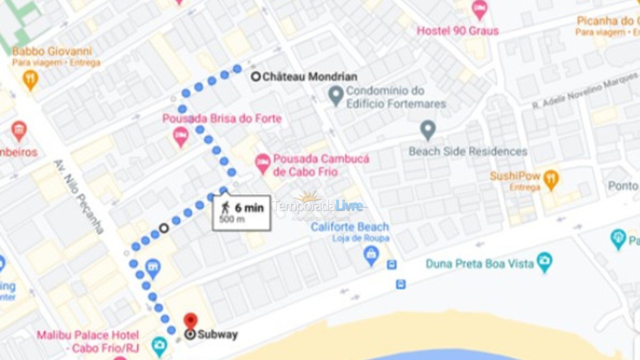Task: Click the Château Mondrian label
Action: (309, 77)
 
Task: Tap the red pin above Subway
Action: (190, 320)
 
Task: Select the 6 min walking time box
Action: (242, 213)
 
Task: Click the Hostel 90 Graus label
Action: (457, 31)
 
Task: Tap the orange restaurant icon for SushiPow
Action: (551, 179)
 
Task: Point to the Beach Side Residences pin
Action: (427, 130)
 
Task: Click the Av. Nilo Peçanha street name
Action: (78, 196)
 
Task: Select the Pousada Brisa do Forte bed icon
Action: (180, 136)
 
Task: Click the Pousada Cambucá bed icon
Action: (263, 163)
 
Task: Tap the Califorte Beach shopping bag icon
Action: (371, 255)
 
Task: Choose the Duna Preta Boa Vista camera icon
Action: (544, 261)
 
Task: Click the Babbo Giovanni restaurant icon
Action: (30, 79)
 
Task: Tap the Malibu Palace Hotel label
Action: (87, 341)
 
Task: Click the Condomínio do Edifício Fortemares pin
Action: (336, 94)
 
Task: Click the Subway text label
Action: (217, 334)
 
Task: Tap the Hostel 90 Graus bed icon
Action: (479, 9)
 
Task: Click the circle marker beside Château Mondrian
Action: (256, 77)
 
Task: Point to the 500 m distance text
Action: (232, 220)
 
